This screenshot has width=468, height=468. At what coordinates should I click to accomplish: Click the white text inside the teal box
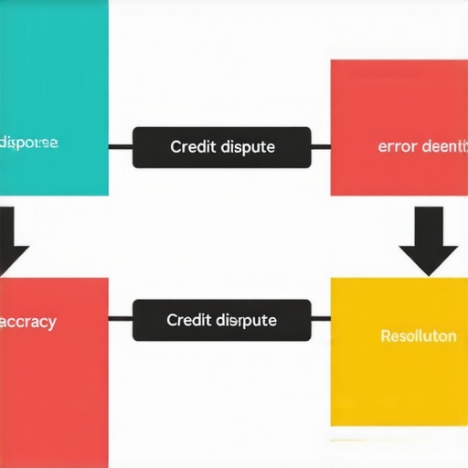pos(29,143)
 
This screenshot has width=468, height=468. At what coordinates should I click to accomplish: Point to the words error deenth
pos(422,145)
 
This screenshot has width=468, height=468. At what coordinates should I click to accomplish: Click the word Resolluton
pos(418,335)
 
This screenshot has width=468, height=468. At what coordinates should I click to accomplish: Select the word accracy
pos(28,322)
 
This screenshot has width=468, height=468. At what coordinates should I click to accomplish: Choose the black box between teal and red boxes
pos(222,147)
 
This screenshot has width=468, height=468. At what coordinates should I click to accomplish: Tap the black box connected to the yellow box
pos(222,320)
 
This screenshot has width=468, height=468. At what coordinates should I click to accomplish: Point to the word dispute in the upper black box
pos(248,146)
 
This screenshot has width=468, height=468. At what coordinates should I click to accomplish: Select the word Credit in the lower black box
pos(189,320)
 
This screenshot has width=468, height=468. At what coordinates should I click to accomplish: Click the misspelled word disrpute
pos(247,320)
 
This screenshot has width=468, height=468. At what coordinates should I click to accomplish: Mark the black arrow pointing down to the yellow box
pos(428,241)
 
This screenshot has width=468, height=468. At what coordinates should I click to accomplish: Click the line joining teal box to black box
pos(121,146)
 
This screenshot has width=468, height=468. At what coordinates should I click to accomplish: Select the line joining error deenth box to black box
pos(320,146)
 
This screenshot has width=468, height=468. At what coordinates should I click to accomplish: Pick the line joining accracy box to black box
pos(121,320)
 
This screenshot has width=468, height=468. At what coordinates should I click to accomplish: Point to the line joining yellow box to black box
pos(320,320)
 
